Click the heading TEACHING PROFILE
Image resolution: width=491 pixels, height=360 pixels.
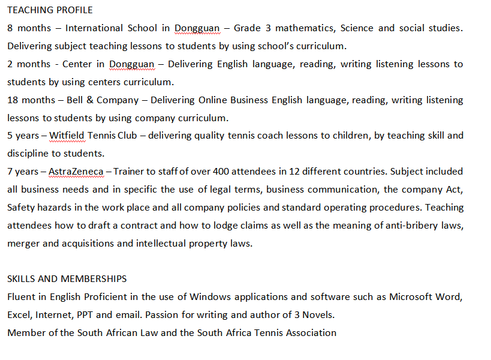pyautogui.click(x=50, y=10)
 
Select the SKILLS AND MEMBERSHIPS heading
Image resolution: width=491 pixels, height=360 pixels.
pyautogui.click(x=67, y=278)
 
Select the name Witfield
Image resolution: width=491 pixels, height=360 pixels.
pyautogui.click(x=67, y=136)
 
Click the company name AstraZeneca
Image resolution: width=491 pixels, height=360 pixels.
pyautogui.click(x=76, y=172)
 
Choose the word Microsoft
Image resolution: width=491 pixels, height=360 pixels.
pyautogui.click(x=411, y=296)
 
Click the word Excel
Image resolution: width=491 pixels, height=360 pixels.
pyautogui.click(x=19, y=314)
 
